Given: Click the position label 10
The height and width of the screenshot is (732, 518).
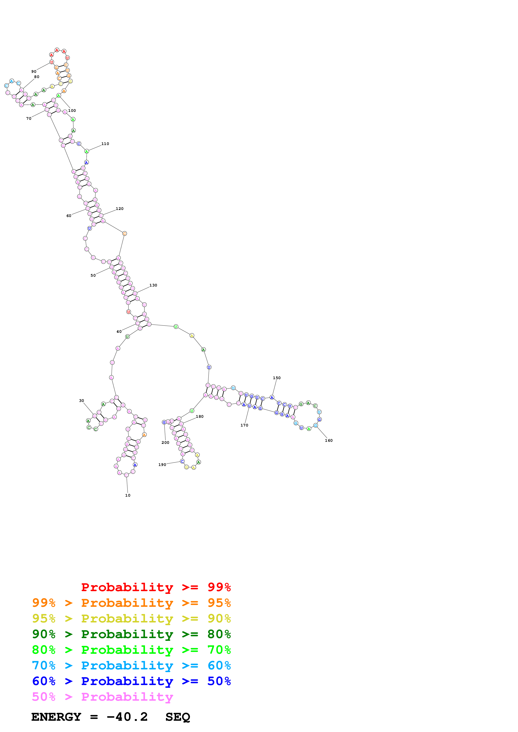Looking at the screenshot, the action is click(128, 495).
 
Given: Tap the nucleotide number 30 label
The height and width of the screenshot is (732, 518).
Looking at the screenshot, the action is click(81, 400).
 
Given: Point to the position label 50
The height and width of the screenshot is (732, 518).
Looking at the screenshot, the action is click(93, 275).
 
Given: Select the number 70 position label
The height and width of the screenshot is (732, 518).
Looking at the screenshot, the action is click(29, 118).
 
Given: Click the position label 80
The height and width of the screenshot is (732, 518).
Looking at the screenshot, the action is click(37, 77).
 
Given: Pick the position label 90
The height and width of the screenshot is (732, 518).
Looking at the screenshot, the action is click(34, 71).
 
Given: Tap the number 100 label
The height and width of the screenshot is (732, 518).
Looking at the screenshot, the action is click(72, 110).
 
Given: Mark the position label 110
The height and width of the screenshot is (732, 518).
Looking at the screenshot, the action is click(105, 144).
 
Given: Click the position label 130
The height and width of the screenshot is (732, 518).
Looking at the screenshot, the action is click(153, 285).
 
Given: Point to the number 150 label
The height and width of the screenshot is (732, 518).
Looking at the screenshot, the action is click(277, 378).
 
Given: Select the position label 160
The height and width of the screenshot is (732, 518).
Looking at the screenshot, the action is click(329, 440).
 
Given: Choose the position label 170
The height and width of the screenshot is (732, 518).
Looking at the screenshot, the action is click(244, 425).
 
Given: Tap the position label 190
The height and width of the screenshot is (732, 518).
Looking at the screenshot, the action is click(162, 464).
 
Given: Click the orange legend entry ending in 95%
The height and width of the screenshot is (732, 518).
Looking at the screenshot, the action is click(131, 603).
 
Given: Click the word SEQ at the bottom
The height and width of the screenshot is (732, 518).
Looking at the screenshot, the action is click(178, 717).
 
